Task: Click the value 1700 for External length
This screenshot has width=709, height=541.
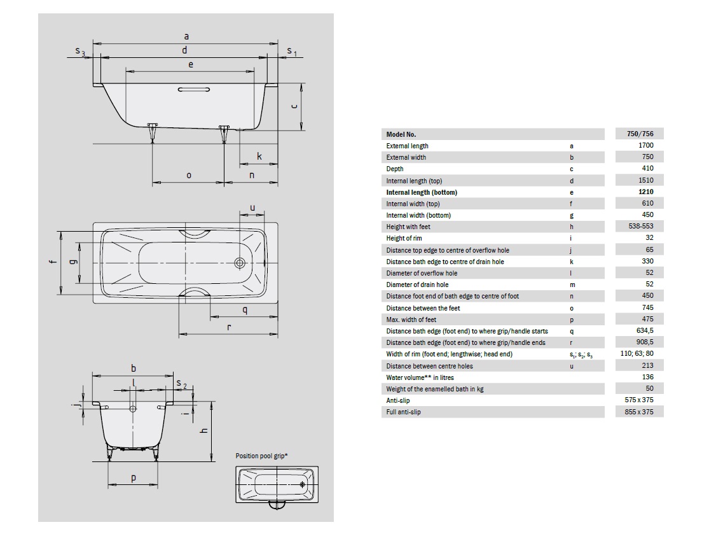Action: (x=646, y=146)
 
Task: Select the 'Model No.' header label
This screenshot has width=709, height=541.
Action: (x=401, y=134)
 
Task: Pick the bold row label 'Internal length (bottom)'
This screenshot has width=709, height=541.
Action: (x=422, y=192)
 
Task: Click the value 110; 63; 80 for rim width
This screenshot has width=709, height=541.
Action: (x=640, y=354)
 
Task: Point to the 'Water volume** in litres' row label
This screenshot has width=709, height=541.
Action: (x=420, y=377)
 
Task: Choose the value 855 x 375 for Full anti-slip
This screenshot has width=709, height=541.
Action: (x=640, y=412)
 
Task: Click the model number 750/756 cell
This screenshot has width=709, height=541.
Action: (x=640, y=134)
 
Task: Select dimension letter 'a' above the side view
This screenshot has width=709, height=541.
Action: (x=186, y=37)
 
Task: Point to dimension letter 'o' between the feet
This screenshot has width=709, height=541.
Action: (x=188, y=175)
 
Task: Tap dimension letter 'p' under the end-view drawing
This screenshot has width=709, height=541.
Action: (x=134, y=479)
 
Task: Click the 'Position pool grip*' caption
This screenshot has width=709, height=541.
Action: (x=261, y=456)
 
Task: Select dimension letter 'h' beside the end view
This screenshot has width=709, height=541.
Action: (x=204, y=431)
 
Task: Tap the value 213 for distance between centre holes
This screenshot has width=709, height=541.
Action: (x=648, y=365)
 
